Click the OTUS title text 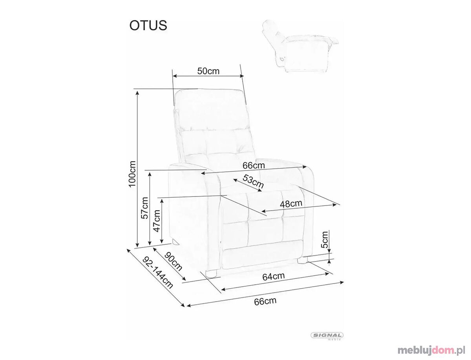tap(148, 25)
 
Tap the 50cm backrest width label tap(208, 71)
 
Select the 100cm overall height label tap(132, 173)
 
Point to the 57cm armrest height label tap(144, 207)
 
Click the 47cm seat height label tap(157, 221)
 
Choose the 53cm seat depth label tap(253, 181)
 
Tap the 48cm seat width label tap(291, 203)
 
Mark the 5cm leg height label tap(325, 239)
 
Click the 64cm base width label tap(273, 276)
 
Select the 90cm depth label tap(173, 261)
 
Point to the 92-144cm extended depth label tap(158, 272)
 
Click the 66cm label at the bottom tap(265, 301)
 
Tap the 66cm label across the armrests tap(254, 165)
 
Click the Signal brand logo tap(327, 335)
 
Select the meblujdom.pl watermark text tap(431, 350)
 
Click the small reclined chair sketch tap(300, 47)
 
